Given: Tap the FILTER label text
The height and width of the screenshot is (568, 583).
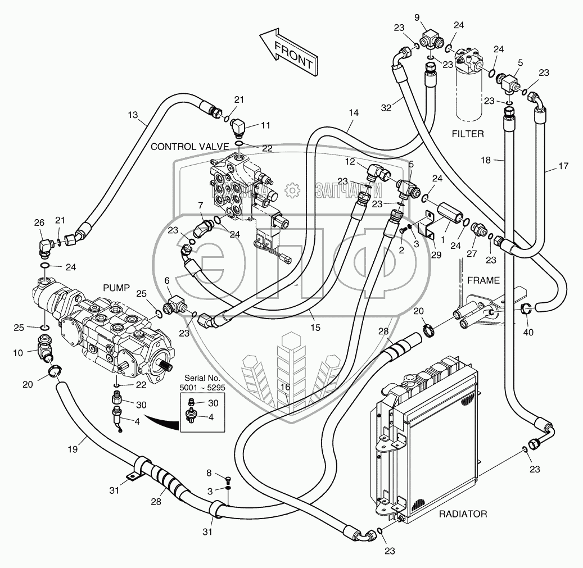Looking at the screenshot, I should (468, 134).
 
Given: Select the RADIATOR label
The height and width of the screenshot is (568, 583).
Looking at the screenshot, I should (463, 514).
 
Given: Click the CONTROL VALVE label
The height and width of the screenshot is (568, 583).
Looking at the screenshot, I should (189, 147).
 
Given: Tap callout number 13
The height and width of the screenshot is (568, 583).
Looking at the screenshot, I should (133, 115).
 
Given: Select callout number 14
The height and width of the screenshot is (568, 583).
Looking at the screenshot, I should (353, 112).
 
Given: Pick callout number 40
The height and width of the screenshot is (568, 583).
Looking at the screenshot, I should (528, 332).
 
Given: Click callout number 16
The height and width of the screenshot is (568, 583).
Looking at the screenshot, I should (286, 387).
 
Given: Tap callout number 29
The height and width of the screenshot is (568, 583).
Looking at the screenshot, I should (436, 254).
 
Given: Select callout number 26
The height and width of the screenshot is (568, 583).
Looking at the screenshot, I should (39, 224).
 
